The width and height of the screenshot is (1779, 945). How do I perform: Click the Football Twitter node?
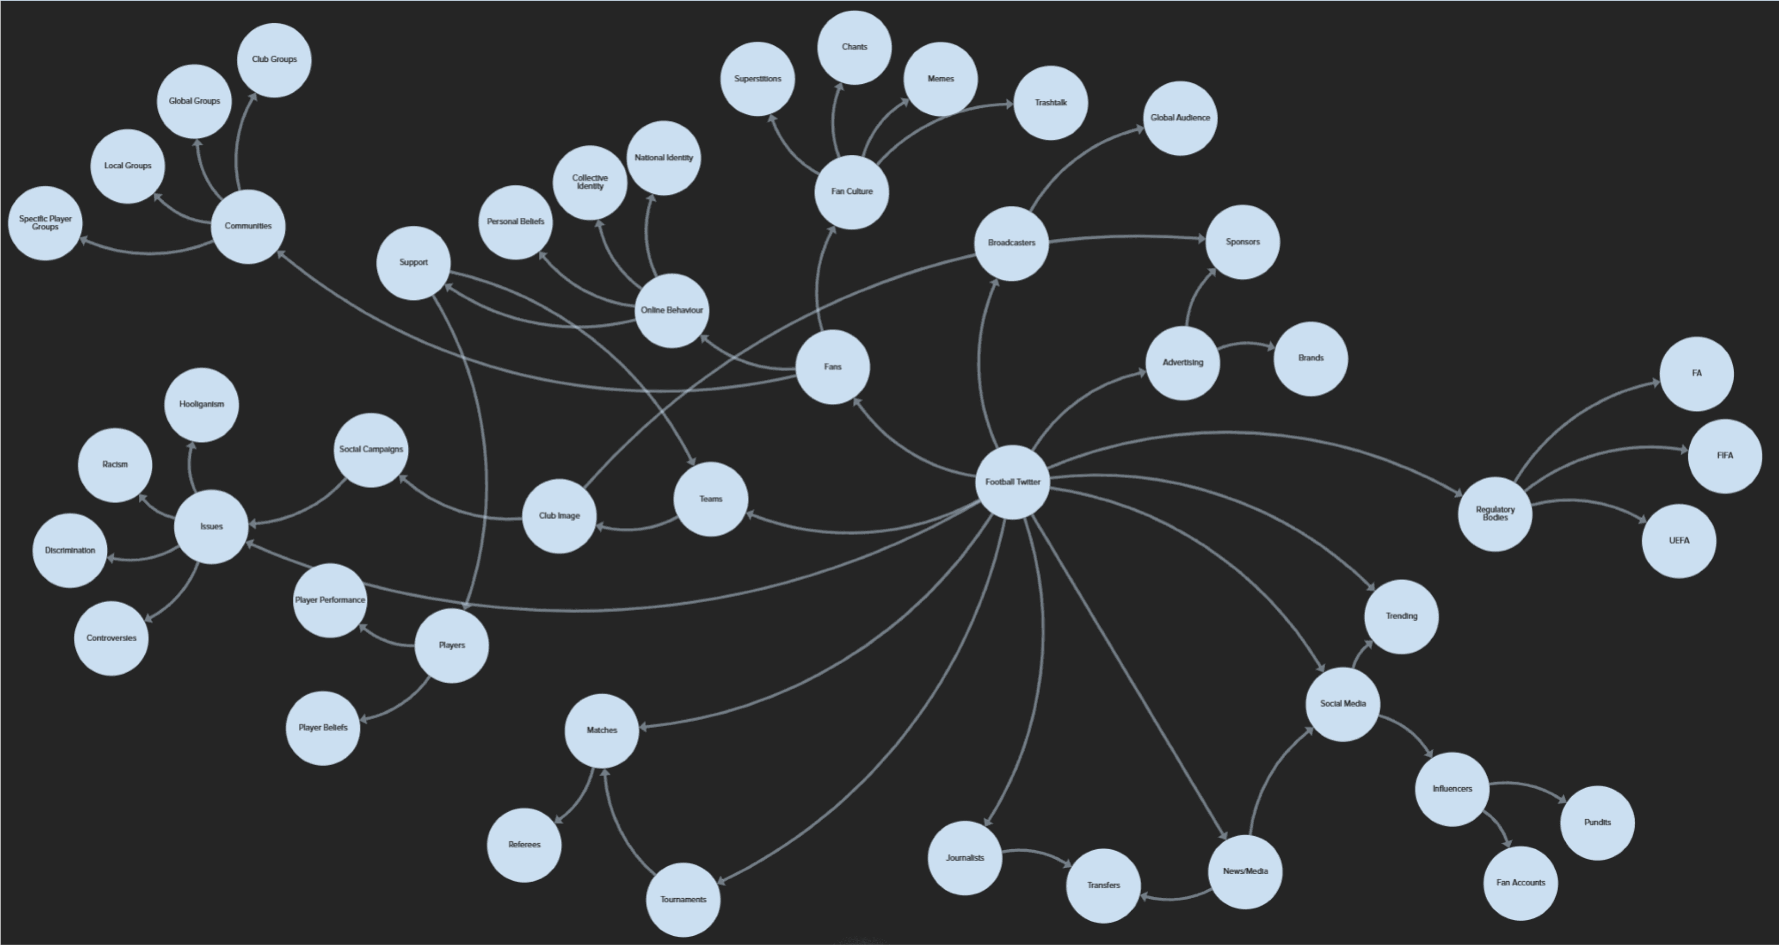[x=1012, y=482]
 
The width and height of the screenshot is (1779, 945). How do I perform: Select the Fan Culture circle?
[x=851, y=191]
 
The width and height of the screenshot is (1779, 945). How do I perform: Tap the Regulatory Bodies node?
[x=1495, y=513]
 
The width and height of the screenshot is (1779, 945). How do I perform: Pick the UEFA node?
[x=1679, y=541]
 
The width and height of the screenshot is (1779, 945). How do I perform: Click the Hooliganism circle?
[x=202, y=404]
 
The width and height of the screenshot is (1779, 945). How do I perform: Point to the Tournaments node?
[x=683, y=899]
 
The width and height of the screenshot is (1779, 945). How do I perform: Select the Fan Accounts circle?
[x=1520, y=883]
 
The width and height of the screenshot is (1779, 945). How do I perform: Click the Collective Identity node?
[x=590, y=182]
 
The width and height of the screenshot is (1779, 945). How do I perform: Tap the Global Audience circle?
[x=1180, y=118]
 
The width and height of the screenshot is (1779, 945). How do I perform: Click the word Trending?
[x=1401, y=616]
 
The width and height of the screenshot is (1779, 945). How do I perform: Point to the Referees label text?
[x=524, y=845]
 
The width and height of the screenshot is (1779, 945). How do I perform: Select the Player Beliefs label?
[x=322, y=728]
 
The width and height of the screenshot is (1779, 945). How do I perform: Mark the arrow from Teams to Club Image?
[x=635, y=529]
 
